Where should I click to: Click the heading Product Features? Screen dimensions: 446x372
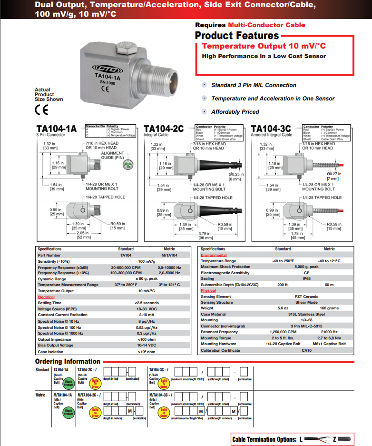click(237, 36)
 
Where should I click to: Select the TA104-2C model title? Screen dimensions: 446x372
click(163, 129)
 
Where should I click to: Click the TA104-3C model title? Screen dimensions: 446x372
click(271, 129)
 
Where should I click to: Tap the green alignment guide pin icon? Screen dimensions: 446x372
click(127, 164)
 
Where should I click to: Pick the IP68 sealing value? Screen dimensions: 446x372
click(306, 279)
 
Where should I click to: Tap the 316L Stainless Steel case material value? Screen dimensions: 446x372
click(306, 314)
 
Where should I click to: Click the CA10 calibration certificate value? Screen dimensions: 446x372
click(306, 350)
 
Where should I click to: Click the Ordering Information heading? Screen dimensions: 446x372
click(68, 361)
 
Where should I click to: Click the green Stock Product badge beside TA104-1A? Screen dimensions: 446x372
click(69, 384)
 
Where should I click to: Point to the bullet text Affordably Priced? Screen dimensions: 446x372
click(235, 112)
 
